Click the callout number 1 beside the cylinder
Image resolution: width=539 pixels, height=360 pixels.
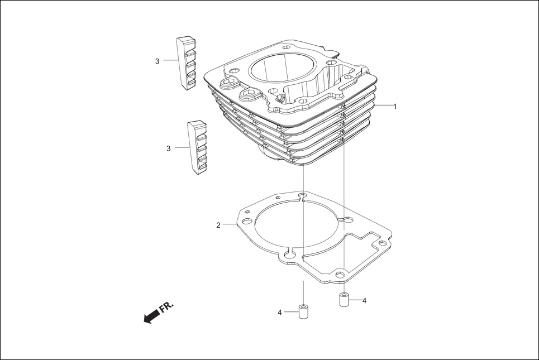[395, 106]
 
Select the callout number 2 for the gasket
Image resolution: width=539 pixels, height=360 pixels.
[218, 225]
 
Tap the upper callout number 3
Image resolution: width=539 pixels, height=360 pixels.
[158, 61]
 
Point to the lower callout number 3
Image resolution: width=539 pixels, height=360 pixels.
[168, 148]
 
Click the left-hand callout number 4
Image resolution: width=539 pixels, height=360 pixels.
[280, 313]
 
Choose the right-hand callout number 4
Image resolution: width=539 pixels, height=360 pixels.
[364, 300]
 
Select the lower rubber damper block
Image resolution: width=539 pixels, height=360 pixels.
[197, 148]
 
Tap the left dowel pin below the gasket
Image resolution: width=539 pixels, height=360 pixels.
[303, 311]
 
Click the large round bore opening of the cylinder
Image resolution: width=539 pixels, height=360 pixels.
[281, 73]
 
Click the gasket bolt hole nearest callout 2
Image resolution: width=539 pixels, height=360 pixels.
[245, 221]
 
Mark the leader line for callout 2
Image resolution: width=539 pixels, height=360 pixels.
[230, 225]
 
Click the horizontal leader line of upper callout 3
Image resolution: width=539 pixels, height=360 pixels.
[170, 61]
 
